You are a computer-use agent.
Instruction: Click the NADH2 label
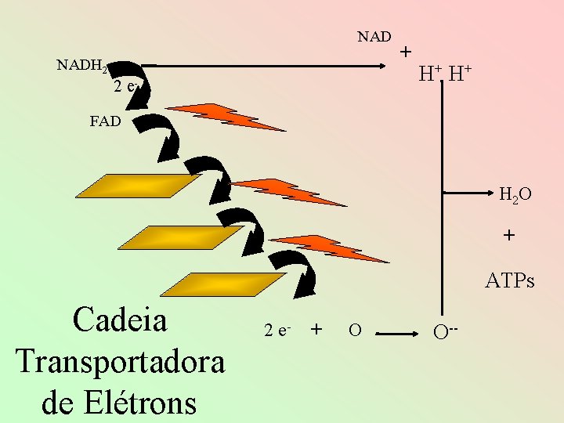click(82, 66)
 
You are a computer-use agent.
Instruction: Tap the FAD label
click(106, 121)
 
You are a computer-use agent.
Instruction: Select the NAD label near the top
click(374, 37)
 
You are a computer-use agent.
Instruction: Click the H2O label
click(515, 194)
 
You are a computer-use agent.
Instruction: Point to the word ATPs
click(510, 280)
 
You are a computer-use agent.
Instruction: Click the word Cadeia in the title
click(120, 320)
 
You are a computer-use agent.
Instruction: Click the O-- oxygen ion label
click(445, 332)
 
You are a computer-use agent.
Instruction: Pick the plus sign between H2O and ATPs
click(509, 235)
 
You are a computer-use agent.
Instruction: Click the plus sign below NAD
click(406, 52)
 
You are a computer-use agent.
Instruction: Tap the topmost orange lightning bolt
click(226, 117)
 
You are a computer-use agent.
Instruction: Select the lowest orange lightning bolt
click(329, 248)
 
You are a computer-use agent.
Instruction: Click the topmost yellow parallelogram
click(139, 186)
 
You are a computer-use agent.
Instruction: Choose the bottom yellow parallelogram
click(223, 284)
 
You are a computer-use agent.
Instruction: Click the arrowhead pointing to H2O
click(490, 193)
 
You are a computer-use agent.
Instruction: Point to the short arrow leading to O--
click(396, 334)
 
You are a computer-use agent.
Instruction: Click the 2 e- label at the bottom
click(277, 331)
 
